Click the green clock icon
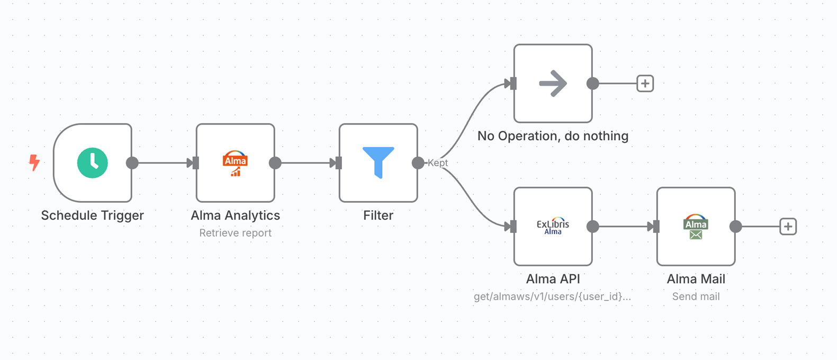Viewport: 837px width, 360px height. (x=93, y=163)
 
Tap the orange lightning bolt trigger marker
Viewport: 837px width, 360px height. (x=34, y=163)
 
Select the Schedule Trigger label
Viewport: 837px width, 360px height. (x=93, y=215)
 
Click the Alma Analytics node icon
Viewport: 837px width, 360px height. (x=235, y=163)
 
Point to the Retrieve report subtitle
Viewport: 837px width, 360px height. (x=235, y=233)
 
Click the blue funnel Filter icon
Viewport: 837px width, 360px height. (x=378, y=162)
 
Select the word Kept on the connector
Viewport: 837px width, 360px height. (x=438, y=163)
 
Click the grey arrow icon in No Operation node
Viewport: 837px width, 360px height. (x=553, y=84)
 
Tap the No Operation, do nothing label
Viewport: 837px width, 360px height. (x=553, y=136)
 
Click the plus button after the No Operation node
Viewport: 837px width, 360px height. (x=645, y=84)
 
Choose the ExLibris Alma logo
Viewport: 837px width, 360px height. (x=553, y=226)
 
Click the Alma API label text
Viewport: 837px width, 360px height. (x=553, y=279)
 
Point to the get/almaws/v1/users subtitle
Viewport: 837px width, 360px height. (x=552, y=296)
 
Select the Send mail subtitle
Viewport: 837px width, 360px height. (x=696, y=296)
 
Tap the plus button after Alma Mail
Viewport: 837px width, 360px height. (x=788, y=227)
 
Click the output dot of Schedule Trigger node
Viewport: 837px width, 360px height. (x=132, y=163)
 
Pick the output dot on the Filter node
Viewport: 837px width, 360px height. (x=418, y=163)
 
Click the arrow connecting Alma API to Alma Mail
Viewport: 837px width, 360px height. (x=625, y=227)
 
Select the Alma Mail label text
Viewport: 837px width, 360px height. (x=696, y=279)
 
